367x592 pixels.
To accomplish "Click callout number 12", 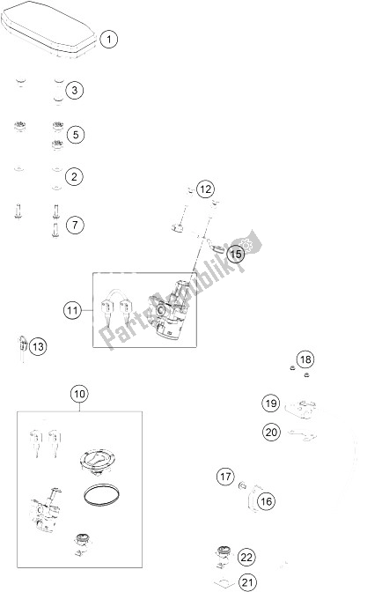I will click(x=204, y=189).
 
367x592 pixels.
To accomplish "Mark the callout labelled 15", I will click(x=234, y=255).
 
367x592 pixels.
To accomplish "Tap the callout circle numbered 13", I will click(x=37, y=347).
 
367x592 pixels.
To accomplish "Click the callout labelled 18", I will click(x=304, y=359).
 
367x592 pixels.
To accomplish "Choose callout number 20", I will click(x=271, y=432).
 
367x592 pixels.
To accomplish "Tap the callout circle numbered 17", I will click(x=225, y=477).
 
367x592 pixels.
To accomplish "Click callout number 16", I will click(x=266, y=500).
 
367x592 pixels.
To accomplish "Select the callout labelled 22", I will click(x=246, y=556).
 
